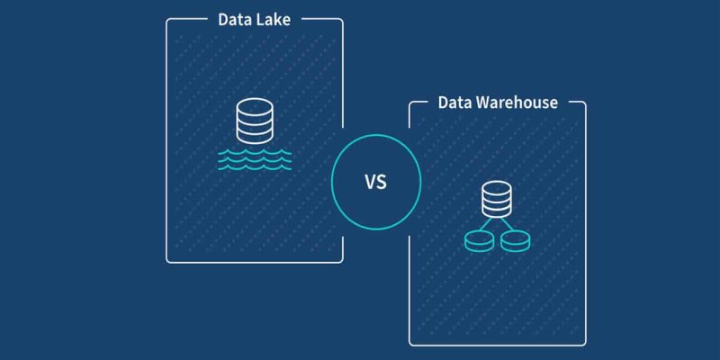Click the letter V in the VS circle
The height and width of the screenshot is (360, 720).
click(x=369, y=184)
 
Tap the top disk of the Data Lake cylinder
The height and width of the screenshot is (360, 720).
click(x=253, y=107)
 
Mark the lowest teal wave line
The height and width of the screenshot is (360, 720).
click(x=253, y=167)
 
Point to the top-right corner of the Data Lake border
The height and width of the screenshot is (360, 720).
click(x=342, y=19)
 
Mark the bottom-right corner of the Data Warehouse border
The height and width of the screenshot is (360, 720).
click(x=585, y=345)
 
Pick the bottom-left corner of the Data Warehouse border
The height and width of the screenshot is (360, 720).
click(x=410, y=345)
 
